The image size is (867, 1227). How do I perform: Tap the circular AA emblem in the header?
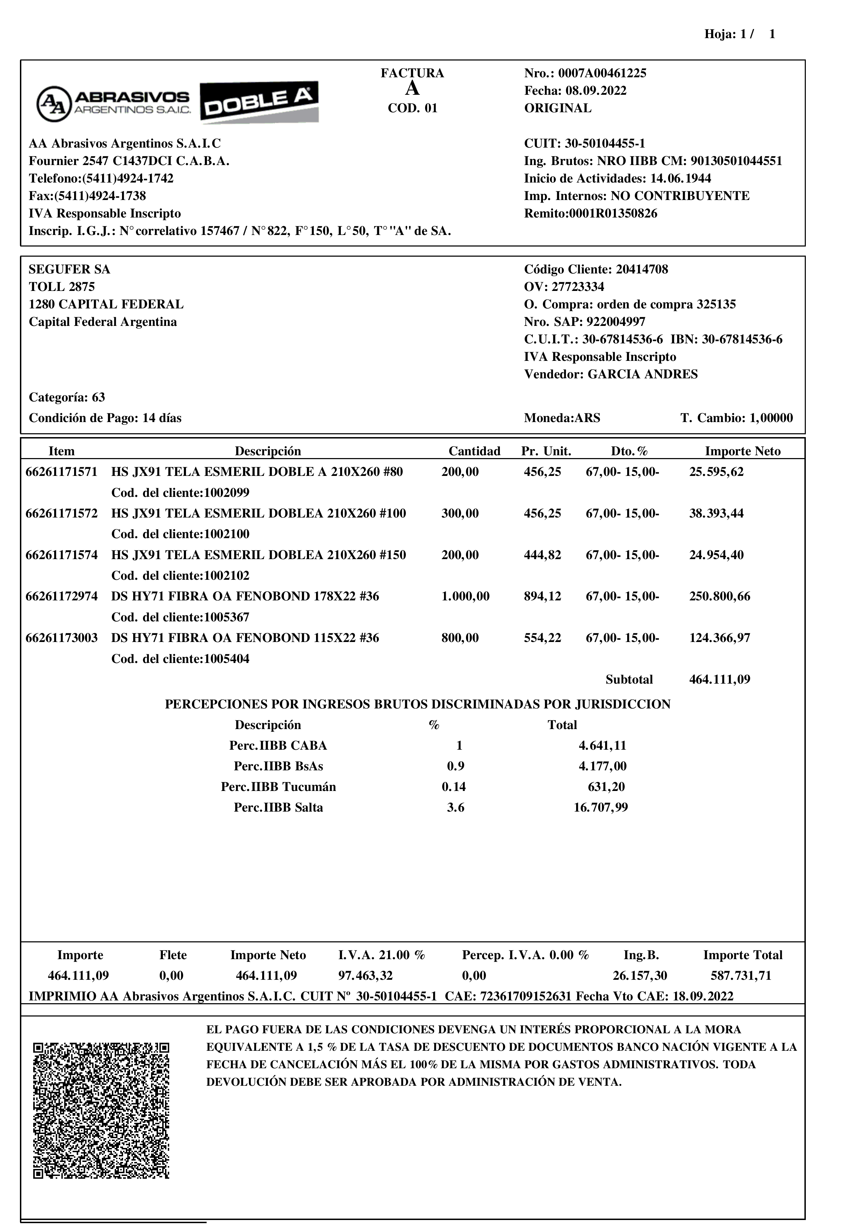click(x=54, y=104)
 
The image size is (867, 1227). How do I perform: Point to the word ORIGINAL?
click(x=558, y=108)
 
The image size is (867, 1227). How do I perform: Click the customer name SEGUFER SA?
click(x=70, y=269)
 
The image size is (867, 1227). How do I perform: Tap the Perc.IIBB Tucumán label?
click(x=278, y=787)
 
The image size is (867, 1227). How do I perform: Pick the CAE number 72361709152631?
click(x=526, y=996)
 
